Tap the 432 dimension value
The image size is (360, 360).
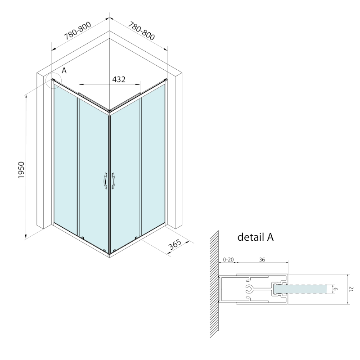[118, 79]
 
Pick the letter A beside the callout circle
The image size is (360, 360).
[64, 71]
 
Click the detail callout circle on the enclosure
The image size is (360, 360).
[53, 80]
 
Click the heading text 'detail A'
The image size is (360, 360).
[256, 237]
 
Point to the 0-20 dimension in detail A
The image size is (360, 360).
[228, 260]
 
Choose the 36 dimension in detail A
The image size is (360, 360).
[261, 260]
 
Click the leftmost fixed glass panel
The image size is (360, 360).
[66, 157]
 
